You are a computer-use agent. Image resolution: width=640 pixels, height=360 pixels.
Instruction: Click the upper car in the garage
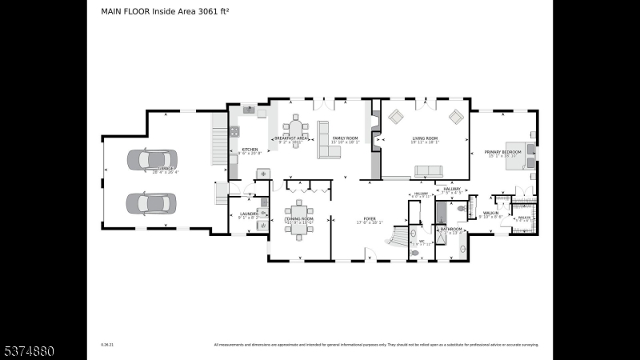(151, 160)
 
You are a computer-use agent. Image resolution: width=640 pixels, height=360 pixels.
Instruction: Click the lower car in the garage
(151, 204)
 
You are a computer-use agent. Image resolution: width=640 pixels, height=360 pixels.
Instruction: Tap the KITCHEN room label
(250, 150)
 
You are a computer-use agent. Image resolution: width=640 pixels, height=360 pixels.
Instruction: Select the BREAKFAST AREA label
(292, 138)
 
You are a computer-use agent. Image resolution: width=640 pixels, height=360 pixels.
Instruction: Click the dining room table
(299, 225)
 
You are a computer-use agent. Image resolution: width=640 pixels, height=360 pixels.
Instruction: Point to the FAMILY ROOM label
(346, 138)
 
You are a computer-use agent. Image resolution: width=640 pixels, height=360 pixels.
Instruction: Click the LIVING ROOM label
(425, 138)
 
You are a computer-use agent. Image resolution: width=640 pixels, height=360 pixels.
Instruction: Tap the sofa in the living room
(428, 170)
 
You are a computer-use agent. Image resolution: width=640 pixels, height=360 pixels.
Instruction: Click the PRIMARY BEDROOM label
(502, 151)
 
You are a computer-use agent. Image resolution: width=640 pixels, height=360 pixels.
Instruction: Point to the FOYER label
(369, 218)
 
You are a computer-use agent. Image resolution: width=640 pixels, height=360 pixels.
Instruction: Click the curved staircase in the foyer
(397, 235)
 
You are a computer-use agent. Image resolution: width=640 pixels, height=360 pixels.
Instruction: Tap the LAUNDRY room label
(248, 214)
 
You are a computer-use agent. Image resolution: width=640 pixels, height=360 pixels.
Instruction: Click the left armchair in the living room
(396, 117)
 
